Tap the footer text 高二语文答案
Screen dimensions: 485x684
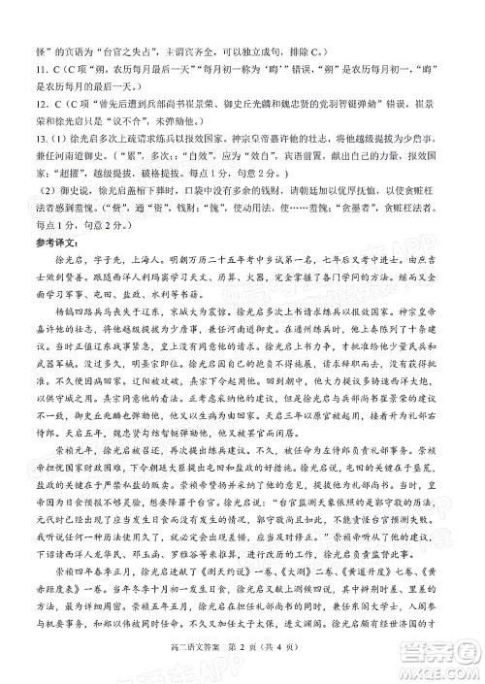pos(200,657)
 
